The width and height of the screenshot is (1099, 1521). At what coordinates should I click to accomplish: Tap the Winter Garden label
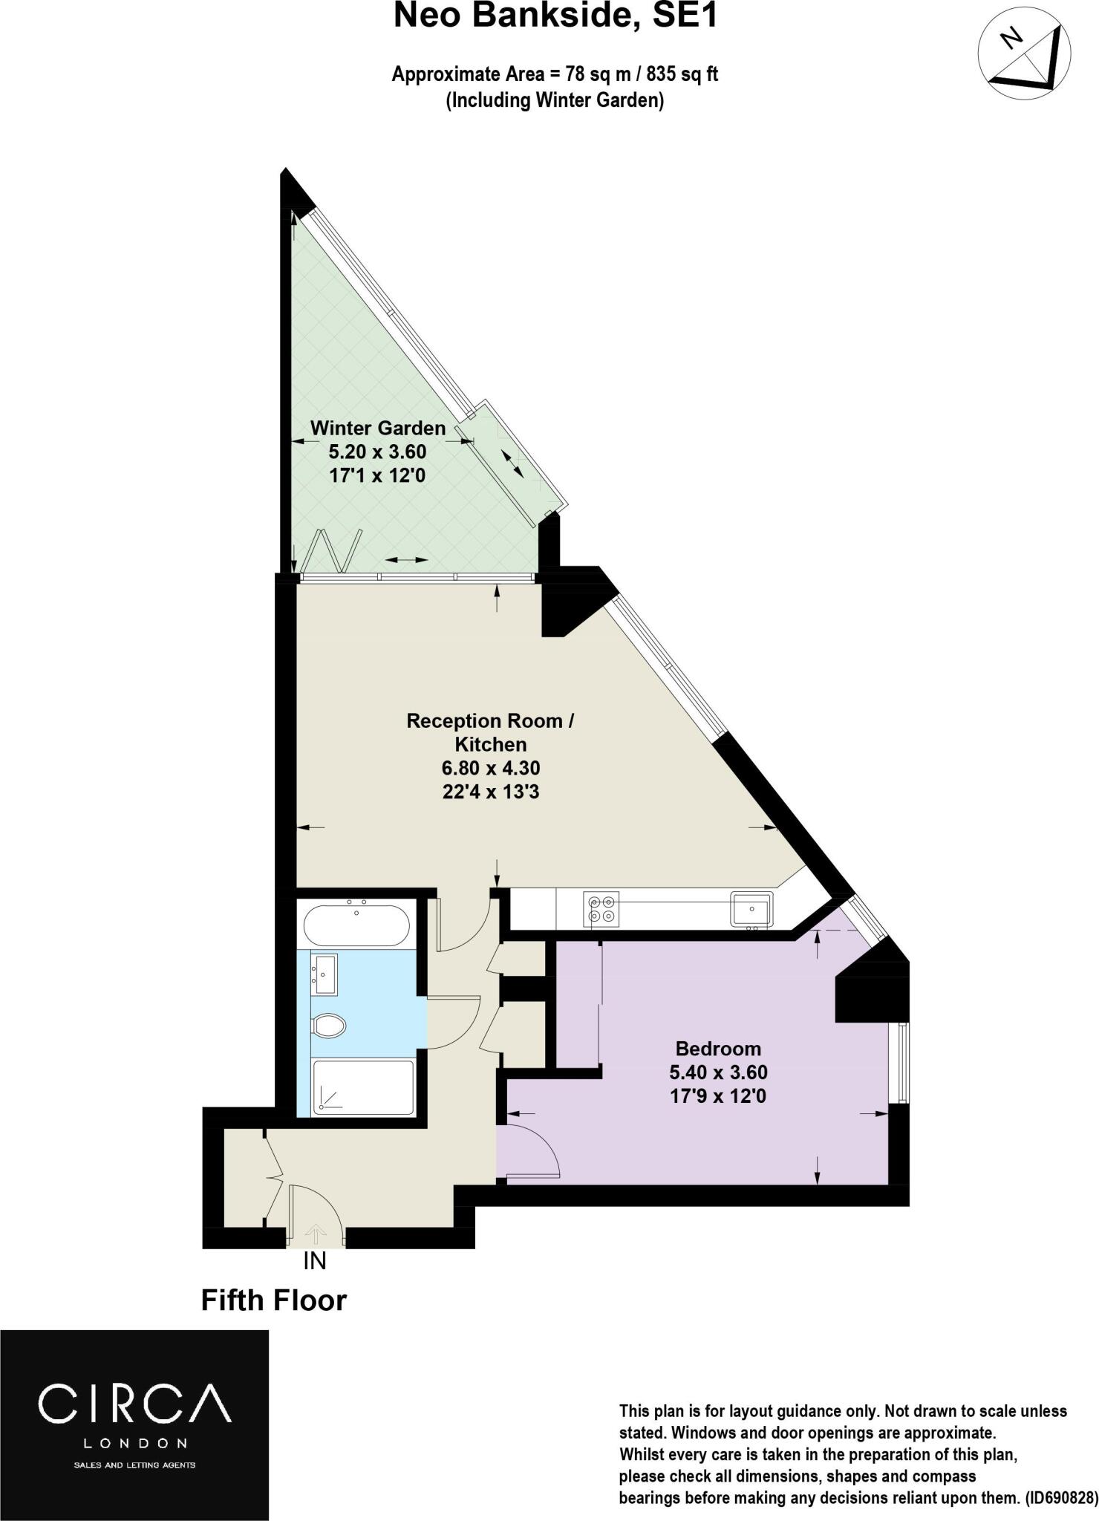point(377,428)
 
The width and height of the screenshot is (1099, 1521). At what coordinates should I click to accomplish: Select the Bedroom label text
point(717,1049)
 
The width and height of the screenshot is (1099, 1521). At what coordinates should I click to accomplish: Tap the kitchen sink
point(751,909)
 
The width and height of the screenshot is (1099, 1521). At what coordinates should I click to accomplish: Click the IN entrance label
point(315,1261)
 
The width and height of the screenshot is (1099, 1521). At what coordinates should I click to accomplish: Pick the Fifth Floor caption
point(274,1300)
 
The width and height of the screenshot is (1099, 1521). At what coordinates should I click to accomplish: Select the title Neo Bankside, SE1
point(555,16)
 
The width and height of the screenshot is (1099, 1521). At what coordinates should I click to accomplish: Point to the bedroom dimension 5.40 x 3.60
point(717,1072)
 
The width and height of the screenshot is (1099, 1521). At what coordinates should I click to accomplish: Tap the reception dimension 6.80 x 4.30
point(490,768)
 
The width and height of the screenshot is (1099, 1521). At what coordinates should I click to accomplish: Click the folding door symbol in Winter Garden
point(338,550)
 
